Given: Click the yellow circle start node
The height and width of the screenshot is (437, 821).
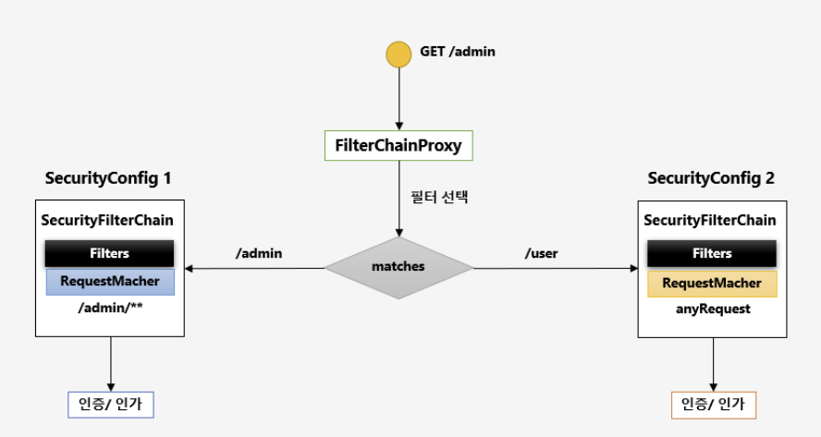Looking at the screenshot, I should point(398,54).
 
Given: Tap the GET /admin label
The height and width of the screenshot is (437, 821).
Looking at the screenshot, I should point(458,52).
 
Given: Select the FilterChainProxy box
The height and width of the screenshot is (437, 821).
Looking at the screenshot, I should point(398,146).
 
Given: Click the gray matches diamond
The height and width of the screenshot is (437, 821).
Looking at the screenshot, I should point(398,267).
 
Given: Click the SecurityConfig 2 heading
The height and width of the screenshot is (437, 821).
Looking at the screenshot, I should point(710,178).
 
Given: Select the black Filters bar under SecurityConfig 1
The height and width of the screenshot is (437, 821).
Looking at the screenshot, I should point(109,253).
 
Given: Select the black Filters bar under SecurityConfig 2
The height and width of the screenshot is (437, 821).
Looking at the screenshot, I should point(712,253).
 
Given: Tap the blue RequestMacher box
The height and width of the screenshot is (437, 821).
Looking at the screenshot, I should point(109,282).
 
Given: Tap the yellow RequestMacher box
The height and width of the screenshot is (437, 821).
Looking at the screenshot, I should point(712,283).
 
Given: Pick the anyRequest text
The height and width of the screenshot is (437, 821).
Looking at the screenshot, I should point(712,310).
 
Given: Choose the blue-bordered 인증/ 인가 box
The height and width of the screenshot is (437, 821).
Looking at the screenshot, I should point(110,404).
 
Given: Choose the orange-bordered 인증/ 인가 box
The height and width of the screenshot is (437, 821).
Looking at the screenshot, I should point(713,404).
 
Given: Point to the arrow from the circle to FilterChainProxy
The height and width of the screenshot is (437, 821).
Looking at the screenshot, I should point(398,97).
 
